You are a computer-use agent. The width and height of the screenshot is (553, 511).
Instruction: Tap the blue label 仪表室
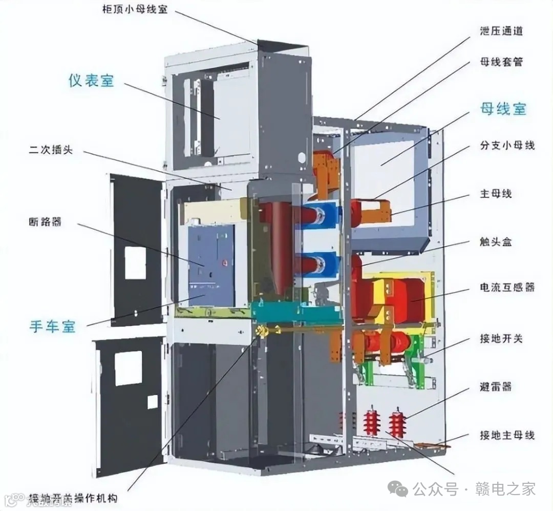[91, 80]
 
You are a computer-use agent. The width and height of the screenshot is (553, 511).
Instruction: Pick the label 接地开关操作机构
[73, 498]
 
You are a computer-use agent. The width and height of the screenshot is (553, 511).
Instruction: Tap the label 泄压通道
[501, 31]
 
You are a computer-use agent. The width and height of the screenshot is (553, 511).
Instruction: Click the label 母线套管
[501, 62]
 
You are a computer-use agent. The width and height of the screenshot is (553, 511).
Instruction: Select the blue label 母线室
[503, 109]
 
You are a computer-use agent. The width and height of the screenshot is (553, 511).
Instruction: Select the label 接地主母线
[507, 435]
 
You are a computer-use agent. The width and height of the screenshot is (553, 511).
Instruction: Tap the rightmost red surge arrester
[397, 423]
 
